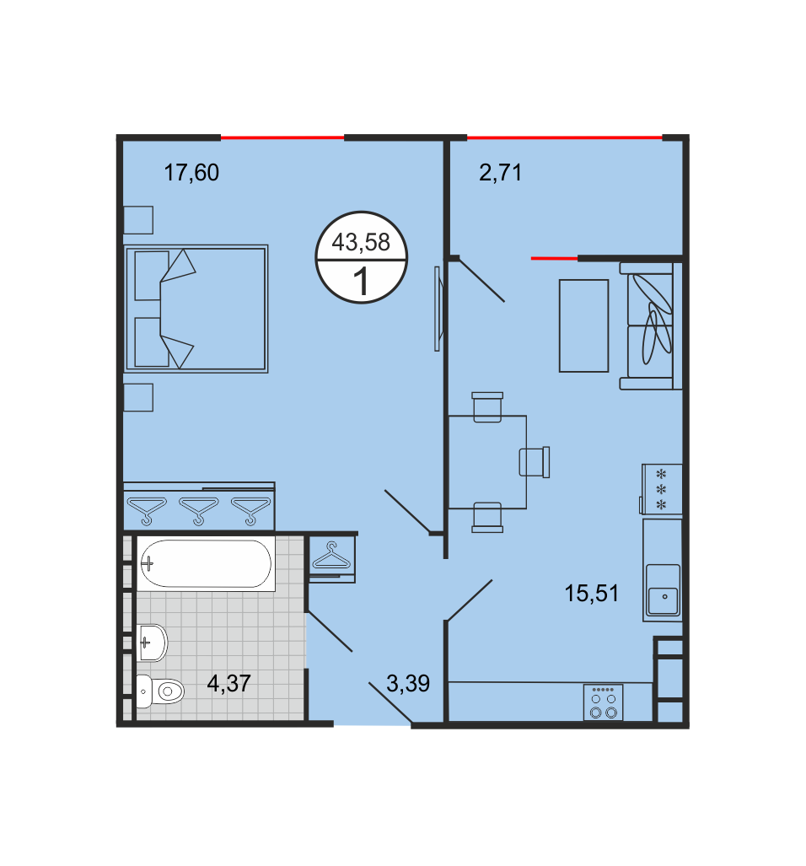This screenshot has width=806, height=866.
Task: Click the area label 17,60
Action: coord(191,173)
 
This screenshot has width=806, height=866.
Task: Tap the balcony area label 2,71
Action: coord(500,173)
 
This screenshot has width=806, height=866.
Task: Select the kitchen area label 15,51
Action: coord(591,594)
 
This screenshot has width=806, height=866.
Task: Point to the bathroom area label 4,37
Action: coord(229,684)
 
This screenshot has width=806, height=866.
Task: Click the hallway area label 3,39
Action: coord(408,684)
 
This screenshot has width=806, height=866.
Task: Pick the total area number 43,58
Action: coord(361,243)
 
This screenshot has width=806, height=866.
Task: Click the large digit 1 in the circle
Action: coord(361,282)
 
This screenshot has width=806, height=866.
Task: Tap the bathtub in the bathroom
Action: coord(206,563)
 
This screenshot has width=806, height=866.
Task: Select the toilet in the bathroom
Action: coord(160,691)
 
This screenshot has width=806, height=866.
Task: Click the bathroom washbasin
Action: coord(152,643)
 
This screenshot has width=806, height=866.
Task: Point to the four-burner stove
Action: coord(604,702)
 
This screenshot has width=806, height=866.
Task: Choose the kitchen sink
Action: coord(663,590)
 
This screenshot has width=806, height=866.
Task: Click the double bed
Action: coord(196,309)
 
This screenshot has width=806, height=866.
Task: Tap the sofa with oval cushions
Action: coord(650,325)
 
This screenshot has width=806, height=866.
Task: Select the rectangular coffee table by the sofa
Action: coord(583,325)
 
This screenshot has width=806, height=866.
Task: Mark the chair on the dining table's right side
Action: coord(535,462)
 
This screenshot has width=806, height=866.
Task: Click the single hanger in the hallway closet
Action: coord(331,557)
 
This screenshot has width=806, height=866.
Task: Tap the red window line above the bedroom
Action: coord(282,137)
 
